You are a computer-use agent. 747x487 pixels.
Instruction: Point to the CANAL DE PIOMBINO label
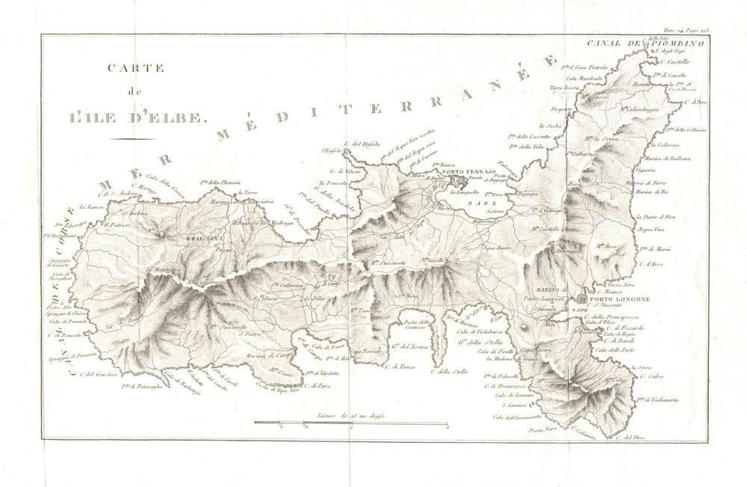pos(643,43)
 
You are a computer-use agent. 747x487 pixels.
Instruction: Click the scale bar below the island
pos(350,424)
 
